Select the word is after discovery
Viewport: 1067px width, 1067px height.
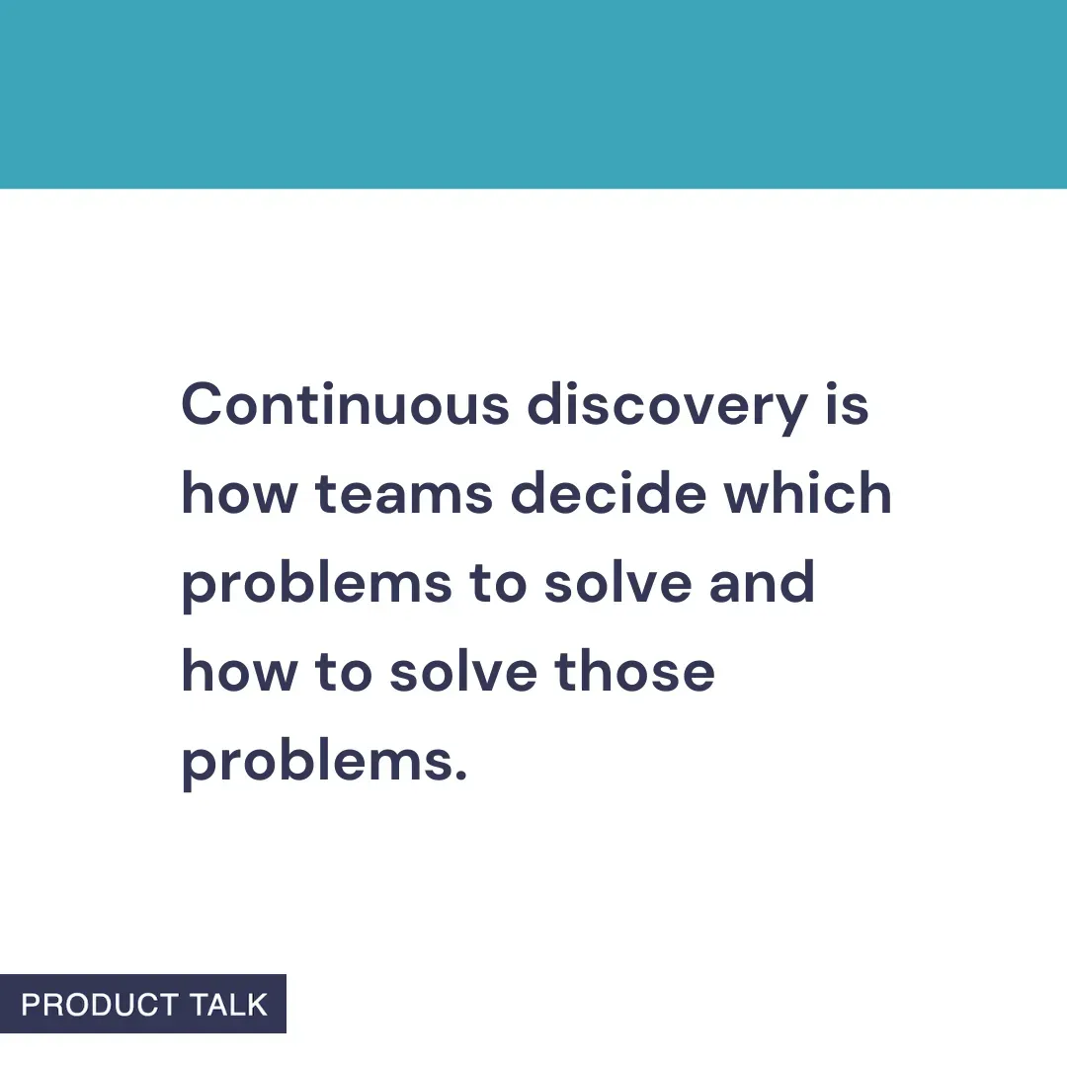pos(847,405)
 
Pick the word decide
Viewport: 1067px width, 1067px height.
pos(608,494)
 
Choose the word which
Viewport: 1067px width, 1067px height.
pos(807,494)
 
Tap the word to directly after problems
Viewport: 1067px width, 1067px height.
pos(497,583)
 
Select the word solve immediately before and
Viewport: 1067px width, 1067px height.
pos(616,583)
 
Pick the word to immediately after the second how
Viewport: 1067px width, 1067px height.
pos(342,673)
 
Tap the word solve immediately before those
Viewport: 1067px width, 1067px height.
pos(461,672)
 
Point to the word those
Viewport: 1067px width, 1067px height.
pos(634,672)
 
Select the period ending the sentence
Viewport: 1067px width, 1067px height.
pos(459,776)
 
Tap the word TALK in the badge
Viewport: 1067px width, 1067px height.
pos(229,1005)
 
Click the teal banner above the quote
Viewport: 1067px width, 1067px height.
pos(533,94)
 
